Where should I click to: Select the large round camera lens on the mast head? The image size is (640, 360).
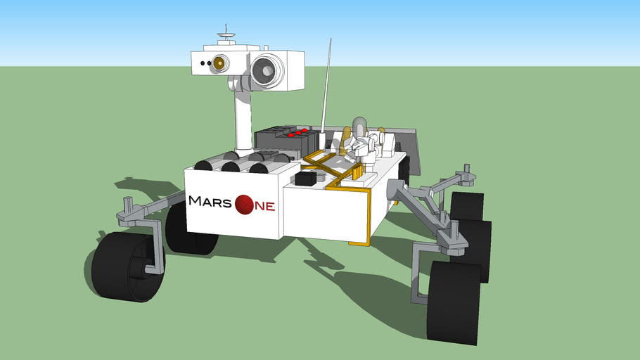point(267,70)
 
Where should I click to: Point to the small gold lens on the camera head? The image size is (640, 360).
point(219,63)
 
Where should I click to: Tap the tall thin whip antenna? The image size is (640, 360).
point(326,88)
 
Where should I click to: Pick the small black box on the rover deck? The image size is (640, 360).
point(306,179)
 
